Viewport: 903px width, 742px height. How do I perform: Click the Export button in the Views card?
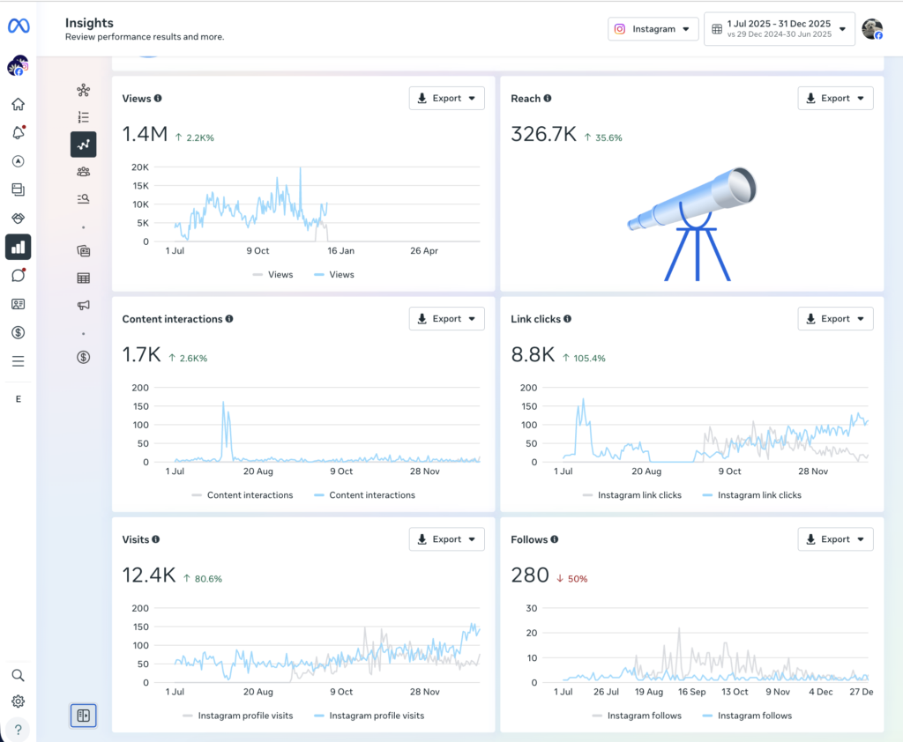[x=446, y=99]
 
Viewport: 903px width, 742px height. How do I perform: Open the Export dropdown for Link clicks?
[x=835, y=319]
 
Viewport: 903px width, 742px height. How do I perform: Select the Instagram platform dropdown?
[x=653, y=29]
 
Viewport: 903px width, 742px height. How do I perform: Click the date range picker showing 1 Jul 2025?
[x=779, y=29]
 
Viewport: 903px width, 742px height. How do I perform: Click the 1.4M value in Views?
[x=145, y=134]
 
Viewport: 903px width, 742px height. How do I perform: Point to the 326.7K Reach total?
[x=543, y=134]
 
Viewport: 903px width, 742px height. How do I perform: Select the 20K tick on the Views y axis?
[x=139, y=167]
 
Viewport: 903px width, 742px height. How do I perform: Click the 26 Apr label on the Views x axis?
[x=424, y=251]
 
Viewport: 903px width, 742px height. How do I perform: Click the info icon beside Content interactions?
[x=229, y=319]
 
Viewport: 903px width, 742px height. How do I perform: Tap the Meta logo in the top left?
[x=19, y=26]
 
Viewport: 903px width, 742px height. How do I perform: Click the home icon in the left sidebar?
[x=18, y=104]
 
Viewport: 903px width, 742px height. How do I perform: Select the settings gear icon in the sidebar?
[x=18, y=701]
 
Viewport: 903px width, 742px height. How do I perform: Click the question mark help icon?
[x=18, y=730]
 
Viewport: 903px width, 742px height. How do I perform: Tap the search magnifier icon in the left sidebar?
[x=18, y=675]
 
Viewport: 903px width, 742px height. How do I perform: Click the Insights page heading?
[x=89, y=23]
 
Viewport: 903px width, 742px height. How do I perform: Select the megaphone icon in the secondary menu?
[x=83, y=305]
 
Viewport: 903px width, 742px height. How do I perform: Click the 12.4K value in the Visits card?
[x=148, y=575]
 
